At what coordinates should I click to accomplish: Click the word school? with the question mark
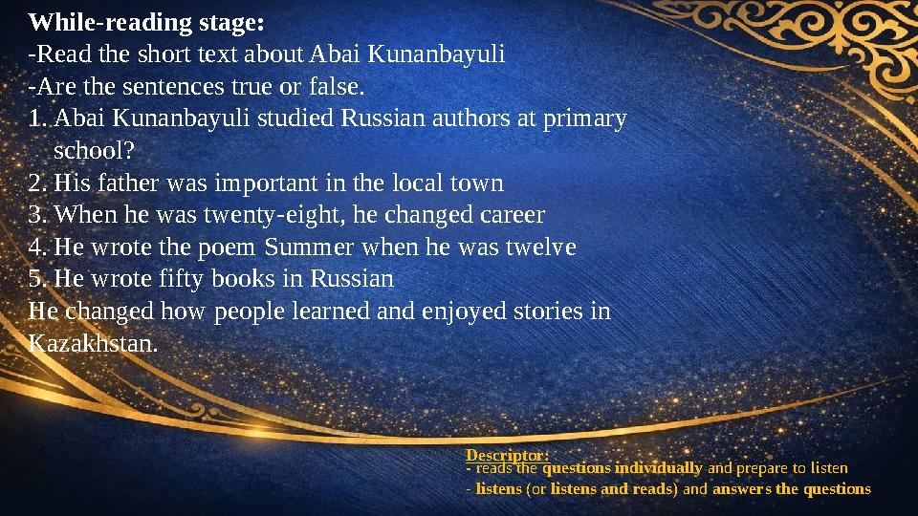click(x=94, y=151)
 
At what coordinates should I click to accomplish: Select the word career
click(x=510, y=215)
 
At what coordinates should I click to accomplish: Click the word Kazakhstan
click(x=93, y=343)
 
